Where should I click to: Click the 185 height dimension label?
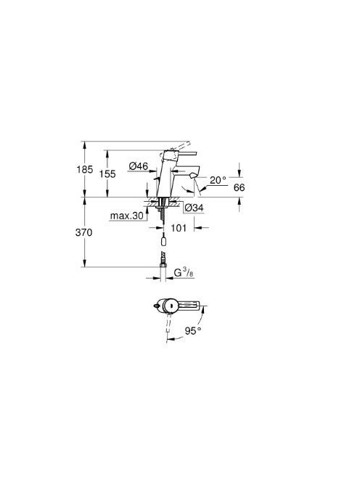pos(84,169)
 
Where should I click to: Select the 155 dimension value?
pos(107,174)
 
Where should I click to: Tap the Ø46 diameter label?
pos(139,166)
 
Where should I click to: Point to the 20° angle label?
pos(218,180)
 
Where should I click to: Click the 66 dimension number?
pos(240,187)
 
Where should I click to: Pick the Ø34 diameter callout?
pos(195,208)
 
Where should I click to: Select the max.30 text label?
pos(127,216)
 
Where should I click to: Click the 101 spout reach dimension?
pos(179,228)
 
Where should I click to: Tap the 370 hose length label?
pos(83,232)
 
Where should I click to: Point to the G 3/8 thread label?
pos(184,272)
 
